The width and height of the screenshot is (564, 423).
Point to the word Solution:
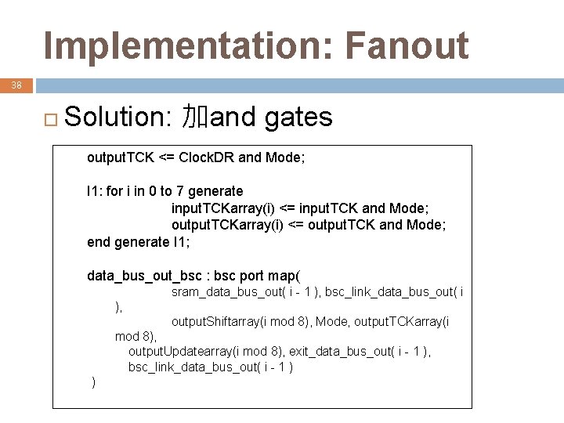(x=119, y=117)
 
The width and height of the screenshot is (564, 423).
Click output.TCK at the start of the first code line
(x=121, y=157)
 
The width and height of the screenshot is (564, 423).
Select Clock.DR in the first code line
(x=207, y=157)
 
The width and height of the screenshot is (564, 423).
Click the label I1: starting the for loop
(x=94, y=191)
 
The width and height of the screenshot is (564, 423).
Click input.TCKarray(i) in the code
(x=224, y=208)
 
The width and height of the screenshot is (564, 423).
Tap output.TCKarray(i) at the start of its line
(x=228, y=225)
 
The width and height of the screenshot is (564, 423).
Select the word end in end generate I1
(x=99, y=242)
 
